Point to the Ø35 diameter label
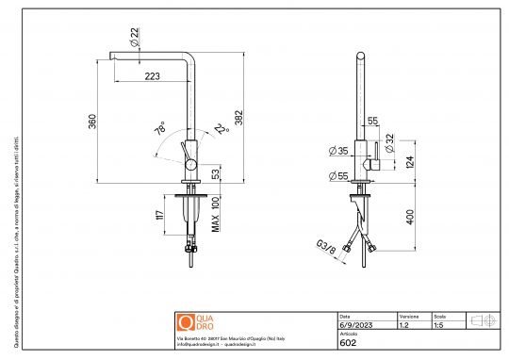[336, 150]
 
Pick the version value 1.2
[404, 324]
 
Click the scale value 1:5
[438, 324]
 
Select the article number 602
[346, 344]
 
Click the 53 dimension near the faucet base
[216, 173]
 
